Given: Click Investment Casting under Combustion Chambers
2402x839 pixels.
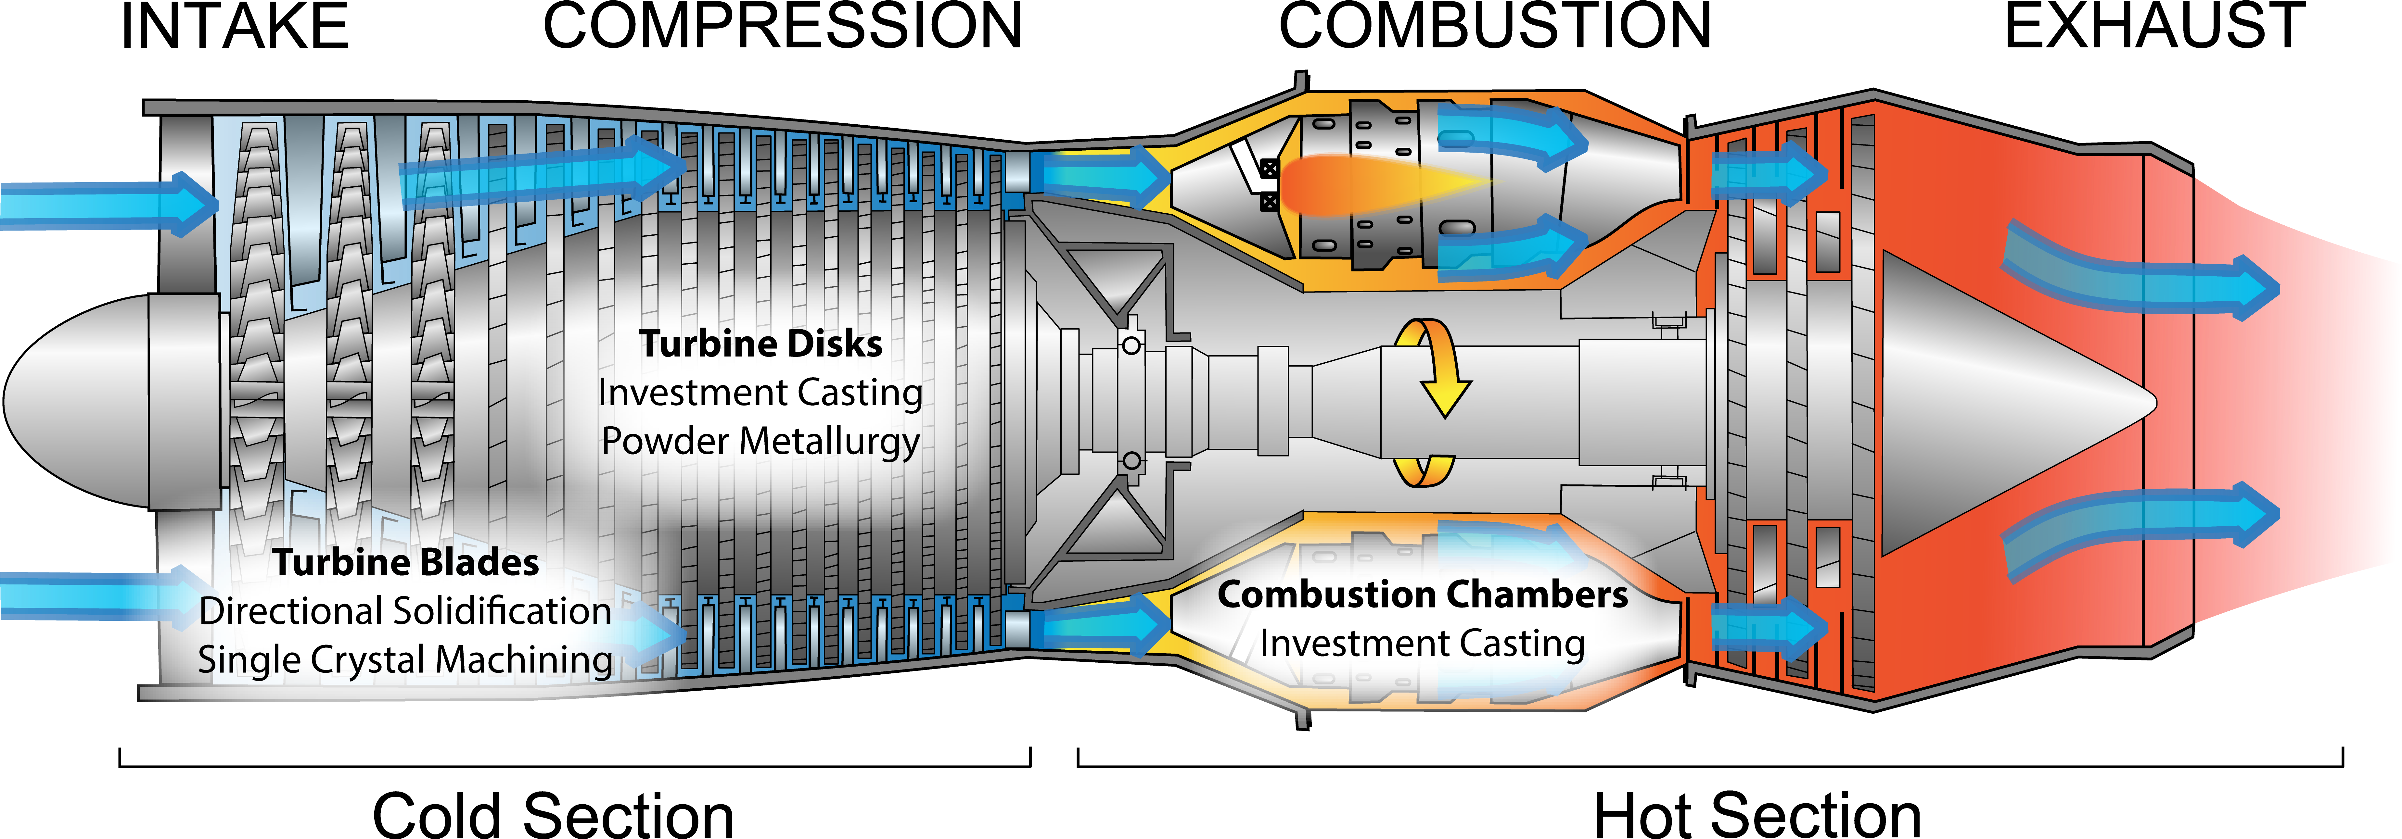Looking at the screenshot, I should click(1422, 643).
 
